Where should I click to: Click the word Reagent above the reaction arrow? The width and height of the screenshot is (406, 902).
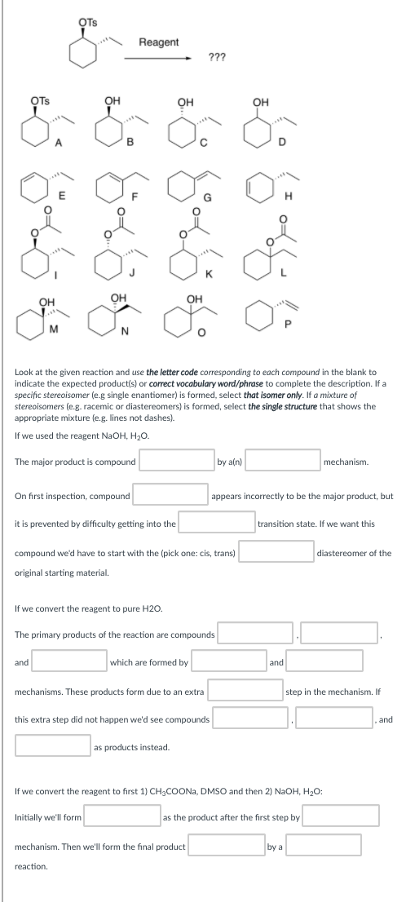[x=159, y=42]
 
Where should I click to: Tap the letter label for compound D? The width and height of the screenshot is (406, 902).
[x=283, y=145]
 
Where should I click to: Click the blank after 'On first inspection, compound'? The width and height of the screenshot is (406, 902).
[x=170, y=494]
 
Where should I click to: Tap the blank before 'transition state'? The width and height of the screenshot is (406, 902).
[x=217, y=524]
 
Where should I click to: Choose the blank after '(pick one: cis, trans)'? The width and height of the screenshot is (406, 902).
[x=276, y=552]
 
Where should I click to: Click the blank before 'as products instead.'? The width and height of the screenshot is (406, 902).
[x=53, y=746]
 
